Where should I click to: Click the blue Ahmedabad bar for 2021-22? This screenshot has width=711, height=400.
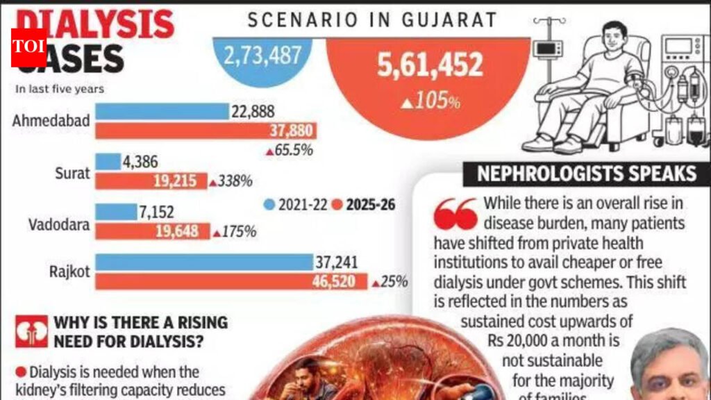coord(162,111)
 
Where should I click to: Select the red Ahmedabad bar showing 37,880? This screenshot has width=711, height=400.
coord(206,131)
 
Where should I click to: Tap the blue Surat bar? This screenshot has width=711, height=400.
coord(108,162)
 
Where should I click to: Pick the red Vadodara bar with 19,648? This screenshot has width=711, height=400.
coord(152,231)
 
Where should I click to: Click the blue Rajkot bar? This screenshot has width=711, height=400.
coord(204,262)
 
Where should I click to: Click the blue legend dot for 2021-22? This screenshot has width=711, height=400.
coord(270,205)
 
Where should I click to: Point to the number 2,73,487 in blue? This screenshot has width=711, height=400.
coord(262,56)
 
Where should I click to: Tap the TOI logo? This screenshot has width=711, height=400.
coord(28,48)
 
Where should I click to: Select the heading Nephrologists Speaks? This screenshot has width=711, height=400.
coord(587,172)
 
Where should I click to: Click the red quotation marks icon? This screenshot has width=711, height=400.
coord(455,215)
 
